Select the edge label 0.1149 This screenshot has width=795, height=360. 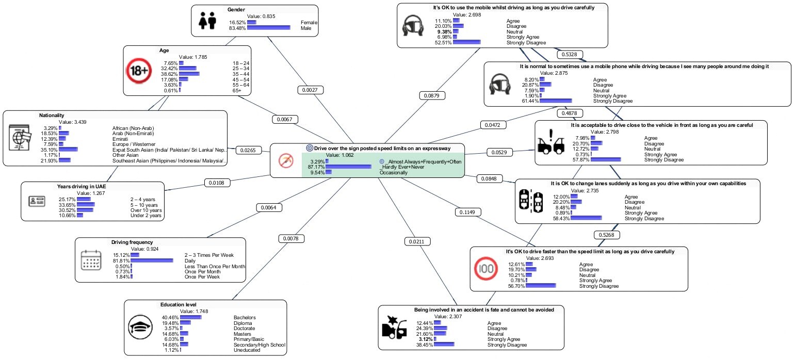point(467,212)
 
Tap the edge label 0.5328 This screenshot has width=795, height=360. point(570,54)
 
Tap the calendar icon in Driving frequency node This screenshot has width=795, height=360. point(92,260)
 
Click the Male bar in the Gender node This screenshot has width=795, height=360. point(268,28)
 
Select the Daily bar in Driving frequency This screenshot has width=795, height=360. point(152,260)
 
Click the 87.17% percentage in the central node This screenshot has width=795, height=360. point(316,167)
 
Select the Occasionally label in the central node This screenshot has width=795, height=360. point(394,173)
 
